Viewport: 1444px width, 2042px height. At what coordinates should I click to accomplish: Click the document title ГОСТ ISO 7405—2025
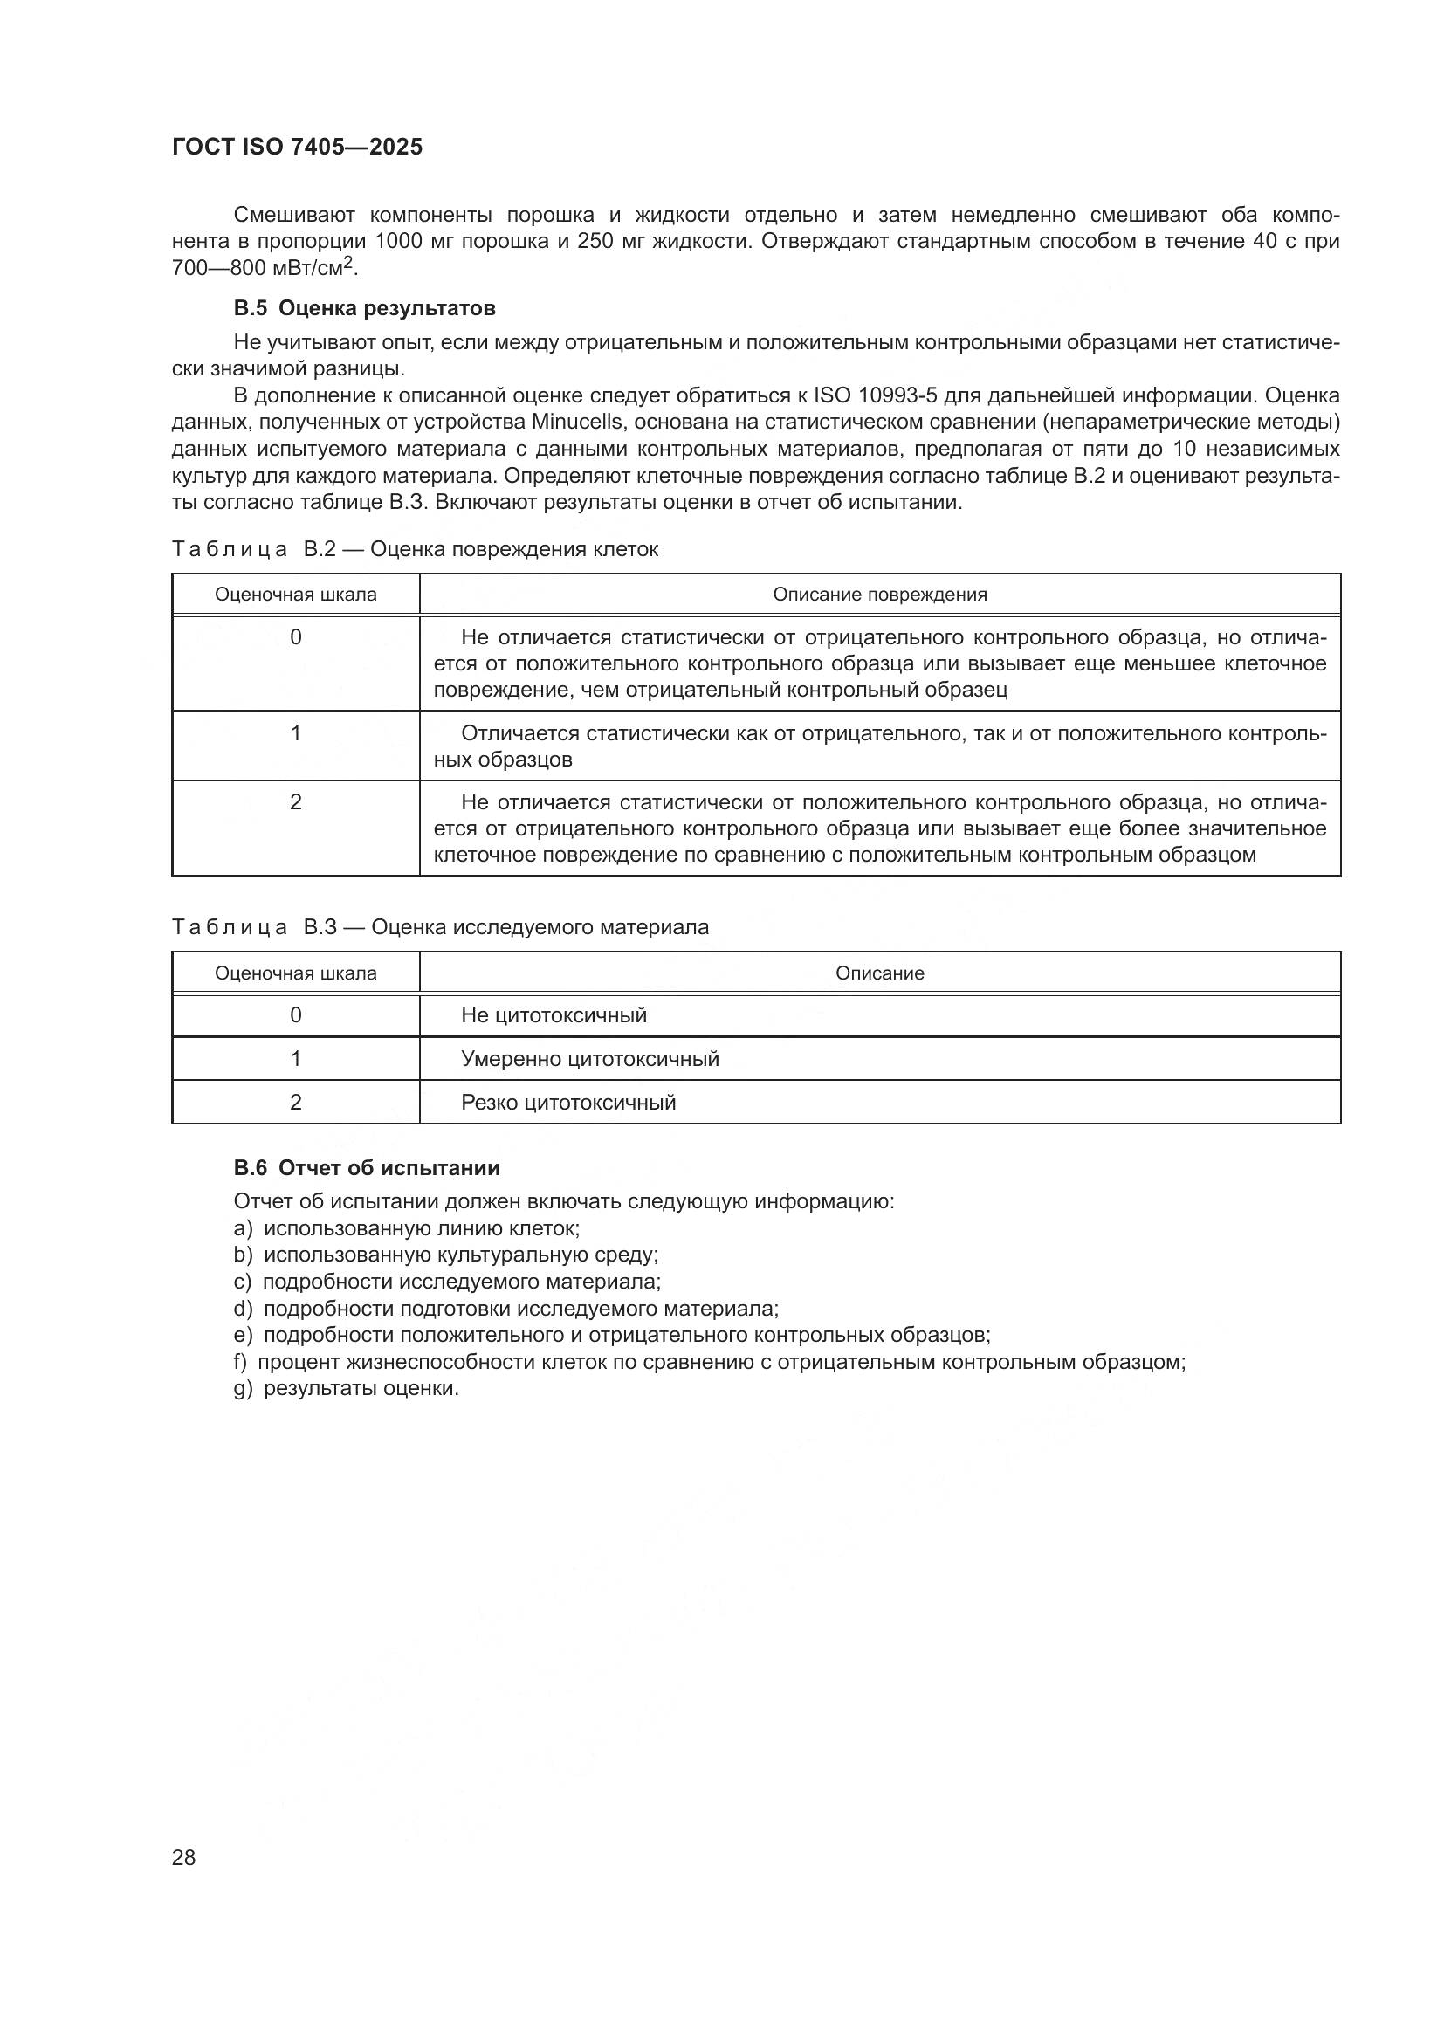297,147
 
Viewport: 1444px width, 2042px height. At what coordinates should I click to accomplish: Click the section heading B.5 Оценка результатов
365,308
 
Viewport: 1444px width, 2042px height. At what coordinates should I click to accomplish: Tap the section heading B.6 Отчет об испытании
367,1168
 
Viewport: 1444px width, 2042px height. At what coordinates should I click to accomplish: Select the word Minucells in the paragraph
576,422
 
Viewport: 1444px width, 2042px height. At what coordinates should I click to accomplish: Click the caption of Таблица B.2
415,550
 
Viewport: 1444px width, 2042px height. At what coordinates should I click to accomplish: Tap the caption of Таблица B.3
440,928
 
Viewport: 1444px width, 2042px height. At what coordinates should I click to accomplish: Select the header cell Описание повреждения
879,595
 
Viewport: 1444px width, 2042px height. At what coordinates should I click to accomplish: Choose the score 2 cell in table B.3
296,1102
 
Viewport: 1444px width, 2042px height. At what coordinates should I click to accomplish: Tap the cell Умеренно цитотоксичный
589,1059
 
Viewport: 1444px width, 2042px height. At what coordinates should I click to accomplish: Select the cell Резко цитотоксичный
568,1103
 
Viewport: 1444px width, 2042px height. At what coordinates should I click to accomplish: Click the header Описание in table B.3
879,973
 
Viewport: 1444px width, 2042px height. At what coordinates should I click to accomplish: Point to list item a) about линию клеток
406,1228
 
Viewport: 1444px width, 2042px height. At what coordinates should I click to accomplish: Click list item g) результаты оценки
347,1388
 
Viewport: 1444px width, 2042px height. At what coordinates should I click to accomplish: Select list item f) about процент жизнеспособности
709,1362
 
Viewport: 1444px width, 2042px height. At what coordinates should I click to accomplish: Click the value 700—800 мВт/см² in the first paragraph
264,267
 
